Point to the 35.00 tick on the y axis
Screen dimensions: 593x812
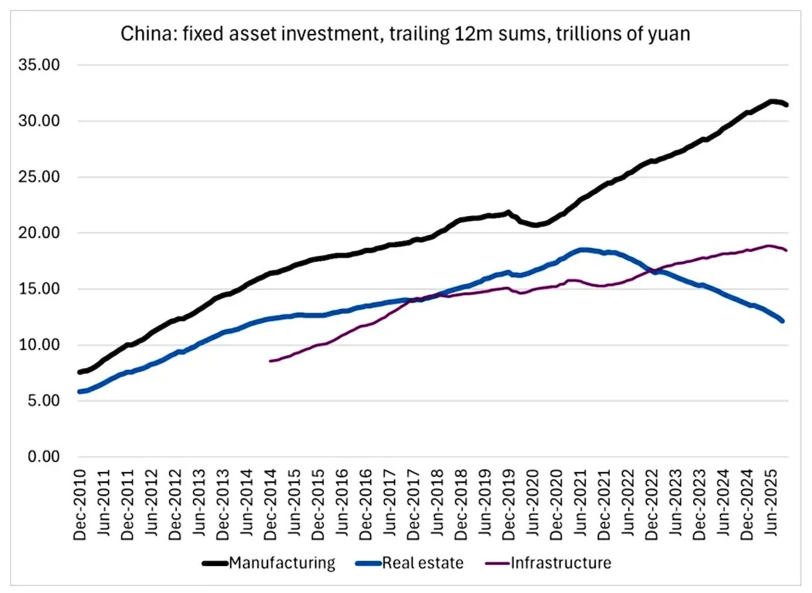[39, 65]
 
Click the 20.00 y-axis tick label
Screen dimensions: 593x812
[39, 233]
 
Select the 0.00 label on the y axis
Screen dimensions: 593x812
[44, 456]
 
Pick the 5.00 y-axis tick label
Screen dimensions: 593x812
[44, 400]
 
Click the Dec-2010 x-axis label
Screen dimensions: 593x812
[80, 504]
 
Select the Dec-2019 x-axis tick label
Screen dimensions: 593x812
[509, 504]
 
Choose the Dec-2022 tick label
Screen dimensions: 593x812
[652, 504]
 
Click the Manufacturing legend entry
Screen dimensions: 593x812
[282, 563]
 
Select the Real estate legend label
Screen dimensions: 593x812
[423, 563]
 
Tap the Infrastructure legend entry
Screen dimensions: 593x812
[561, 563]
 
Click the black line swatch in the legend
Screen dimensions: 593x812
[215, 564]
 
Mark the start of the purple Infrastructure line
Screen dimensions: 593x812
[270, 360]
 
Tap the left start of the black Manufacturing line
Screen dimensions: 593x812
[80, 372]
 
